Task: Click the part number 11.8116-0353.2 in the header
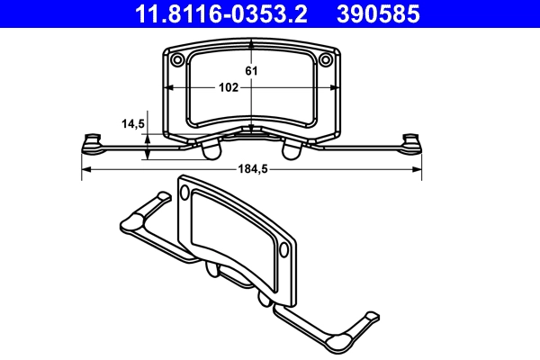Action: point(220,14)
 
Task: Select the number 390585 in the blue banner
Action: point(378,14)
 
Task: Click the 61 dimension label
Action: point(251,71)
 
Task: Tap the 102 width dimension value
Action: point(229,87)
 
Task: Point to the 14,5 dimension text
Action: point(133,123)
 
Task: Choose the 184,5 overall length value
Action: point(253,169)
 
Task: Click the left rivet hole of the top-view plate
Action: point(177,60)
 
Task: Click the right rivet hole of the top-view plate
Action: point(326,60)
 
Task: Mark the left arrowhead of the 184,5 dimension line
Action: point(86,169)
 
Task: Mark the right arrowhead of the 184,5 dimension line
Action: point(417,169)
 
